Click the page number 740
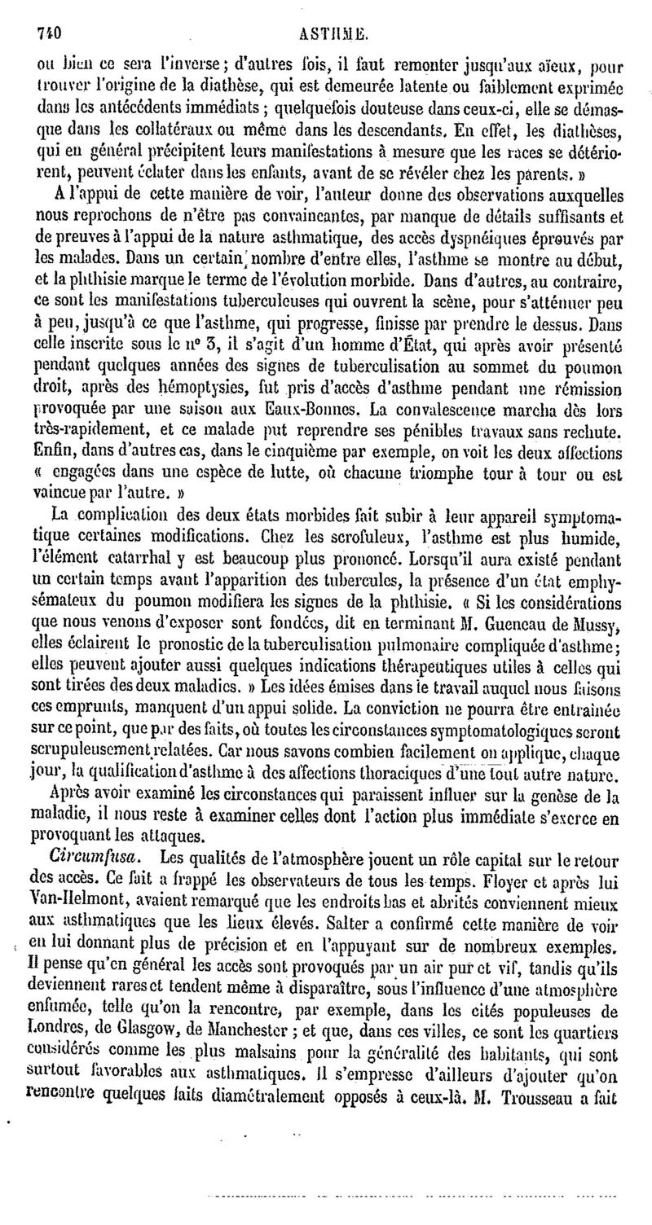(x=51, y=12)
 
